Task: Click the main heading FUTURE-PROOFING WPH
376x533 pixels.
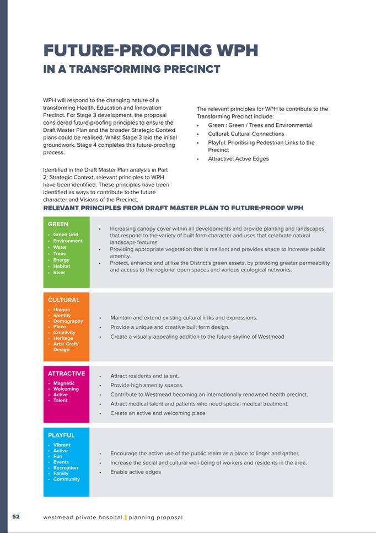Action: [151, 51]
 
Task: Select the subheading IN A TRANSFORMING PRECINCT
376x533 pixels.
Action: [132, 70]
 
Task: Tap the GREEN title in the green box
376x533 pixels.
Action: [58, 225]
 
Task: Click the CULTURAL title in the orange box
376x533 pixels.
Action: [63, 300]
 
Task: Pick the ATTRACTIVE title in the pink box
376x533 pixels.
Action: [66, 374]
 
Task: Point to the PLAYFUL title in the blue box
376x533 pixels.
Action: [61, 435]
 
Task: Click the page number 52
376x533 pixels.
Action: [16, 517]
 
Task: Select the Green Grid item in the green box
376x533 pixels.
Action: [66, 234]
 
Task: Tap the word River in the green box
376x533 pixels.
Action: [60, 273]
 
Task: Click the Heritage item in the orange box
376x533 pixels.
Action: [63, 338]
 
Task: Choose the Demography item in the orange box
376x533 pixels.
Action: [68, 321]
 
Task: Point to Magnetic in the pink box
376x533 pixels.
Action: [64, 383]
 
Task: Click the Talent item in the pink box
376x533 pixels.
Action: [60, 401]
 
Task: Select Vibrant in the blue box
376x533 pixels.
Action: [62, 445]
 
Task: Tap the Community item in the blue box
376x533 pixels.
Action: [67, 479]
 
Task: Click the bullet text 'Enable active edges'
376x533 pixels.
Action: [136, 472]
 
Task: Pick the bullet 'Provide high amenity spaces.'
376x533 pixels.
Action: [147, 385]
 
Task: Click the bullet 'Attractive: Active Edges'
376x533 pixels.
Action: [238, 159]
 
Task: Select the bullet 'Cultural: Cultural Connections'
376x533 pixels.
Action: [246, 134]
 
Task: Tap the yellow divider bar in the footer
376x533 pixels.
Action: [126, 518]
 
